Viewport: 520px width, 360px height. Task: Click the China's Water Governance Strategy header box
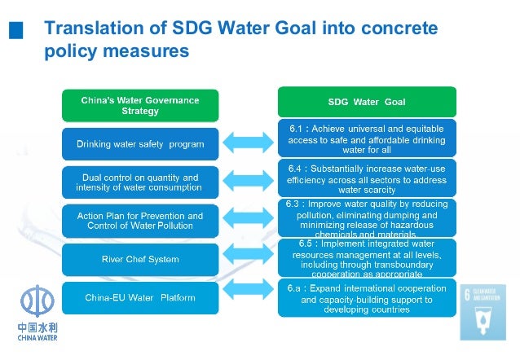(x=140, y=105)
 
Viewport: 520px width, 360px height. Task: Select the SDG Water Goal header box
(x=367, y=103)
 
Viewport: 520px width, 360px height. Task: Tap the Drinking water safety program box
(x=140, y=144)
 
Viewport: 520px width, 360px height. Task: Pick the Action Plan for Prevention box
(x=140, y=221)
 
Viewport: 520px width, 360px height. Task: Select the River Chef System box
(x=140, y=259)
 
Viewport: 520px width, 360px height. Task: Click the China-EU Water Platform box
(x=140, y=297)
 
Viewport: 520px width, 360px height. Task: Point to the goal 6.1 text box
(x=367, y=139)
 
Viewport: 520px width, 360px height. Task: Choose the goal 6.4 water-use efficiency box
(x=367, y=178)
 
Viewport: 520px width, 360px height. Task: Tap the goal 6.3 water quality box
(x=367, y=217)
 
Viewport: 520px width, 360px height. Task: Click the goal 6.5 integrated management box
(x=367, y=257)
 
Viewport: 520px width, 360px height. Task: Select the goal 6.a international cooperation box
(x=367, y=298)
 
